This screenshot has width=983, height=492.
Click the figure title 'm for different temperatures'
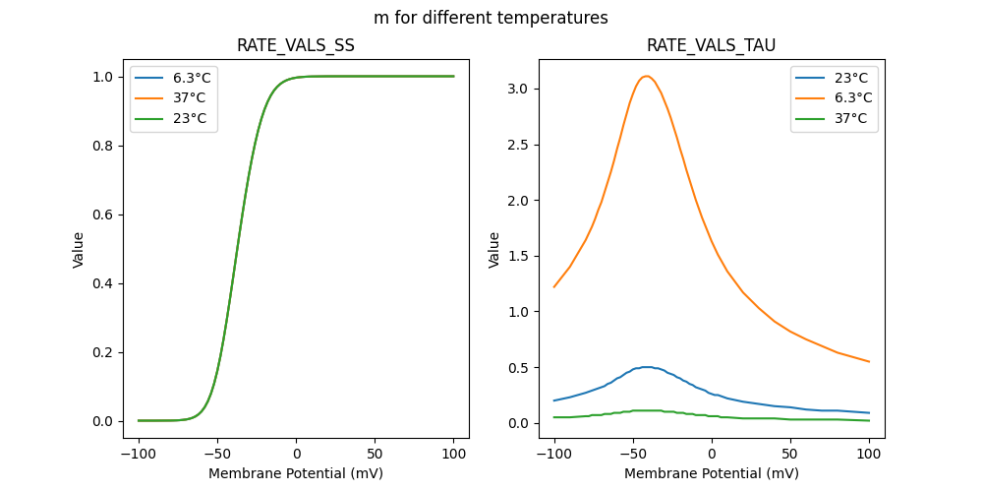coord(491,18)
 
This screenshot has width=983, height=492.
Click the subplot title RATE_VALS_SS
coord(296,45)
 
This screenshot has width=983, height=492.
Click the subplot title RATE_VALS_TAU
coord(712,45)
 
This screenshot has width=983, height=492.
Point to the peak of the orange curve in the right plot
coord(646,76)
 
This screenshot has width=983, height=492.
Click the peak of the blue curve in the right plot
coord(646,367)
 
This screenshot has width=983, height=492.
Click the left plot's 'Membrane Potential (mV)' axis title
coord(296,473)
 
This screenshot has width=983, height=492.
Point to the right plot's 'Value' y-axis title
coord(494,250)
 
